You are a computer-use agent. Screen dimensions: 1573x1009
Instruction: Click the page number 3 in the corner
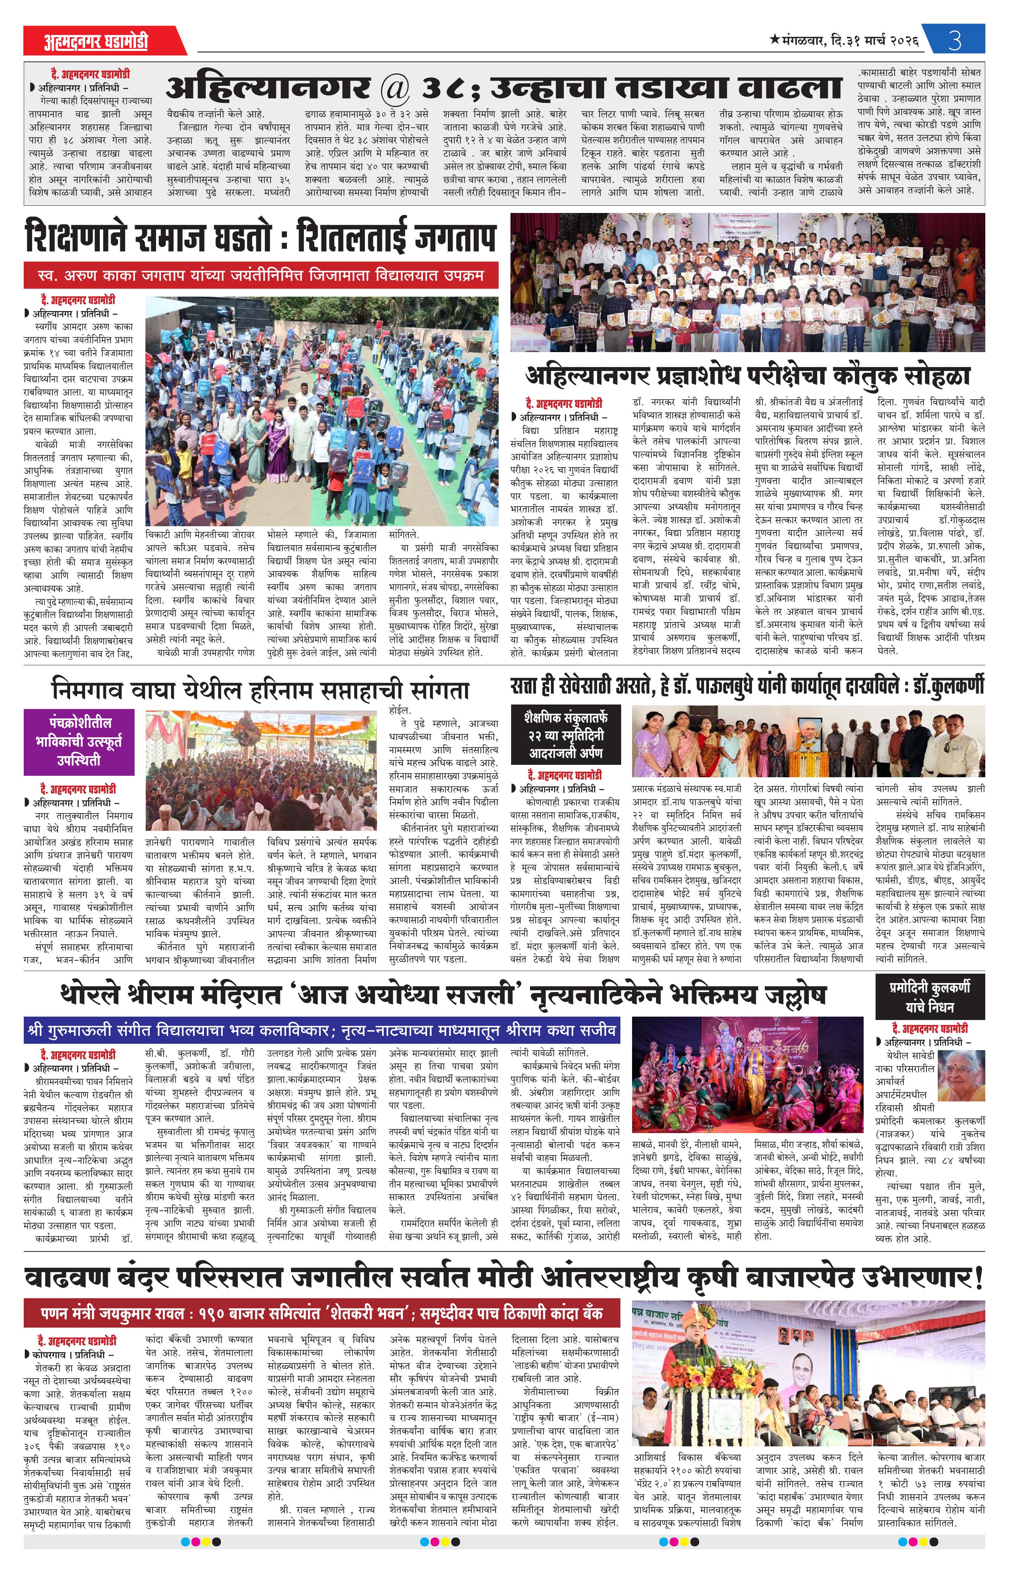[955, 41]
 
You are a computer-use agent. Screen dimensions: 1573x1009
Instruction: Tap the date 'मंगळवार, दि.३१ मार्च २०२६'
[845, 41]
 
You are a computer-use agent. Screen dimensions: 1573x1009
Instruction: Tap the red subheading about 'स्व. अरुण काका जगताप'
[261, 276]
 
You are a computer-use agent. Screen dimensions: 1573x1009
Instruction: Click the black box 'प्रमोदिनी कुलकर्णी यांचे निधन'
[929, 997]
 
